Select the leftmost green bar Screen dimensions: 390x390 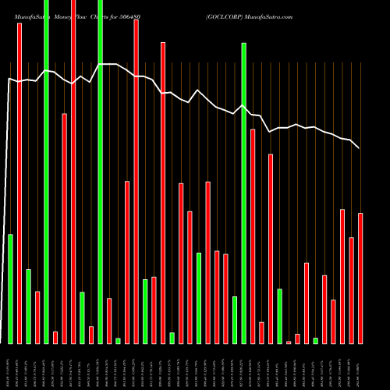tap(10, 289)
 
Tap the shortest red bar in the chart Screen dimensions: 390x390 tap(289, 342)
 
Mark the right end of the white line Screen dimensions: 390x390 tap(359, 147)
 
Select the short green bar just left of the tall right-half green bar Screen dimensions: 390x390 tap(235, 320)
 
